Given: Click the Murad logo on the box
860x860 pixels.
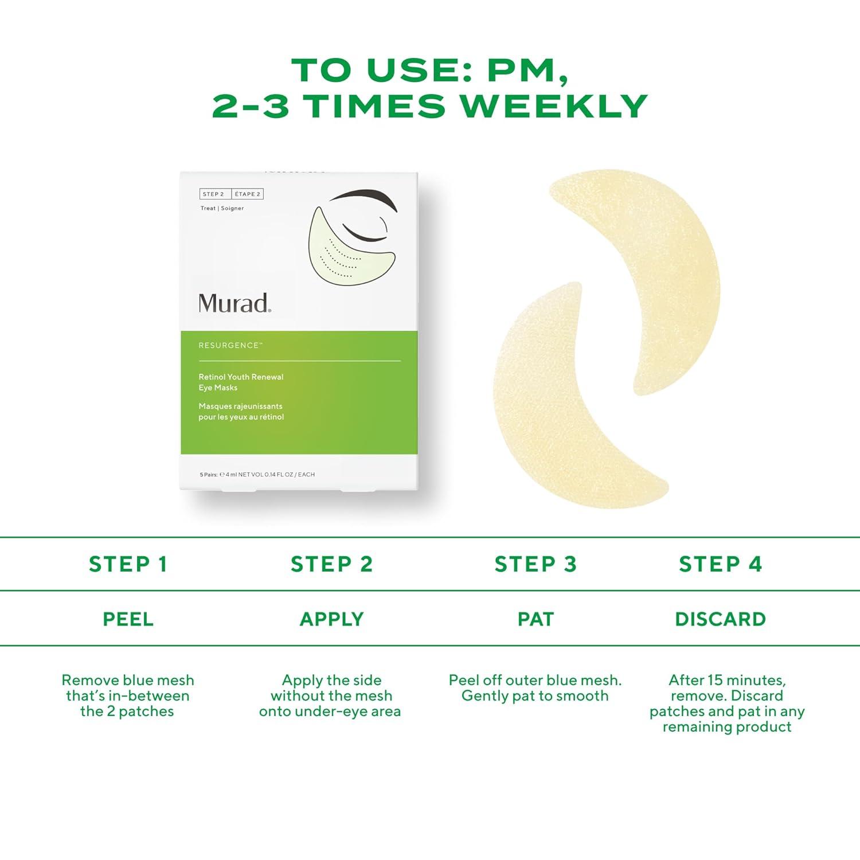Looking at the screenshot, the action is [x=234, y=303].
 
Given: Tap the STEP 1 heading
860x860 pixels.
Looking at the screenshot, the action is [x=128, y=564].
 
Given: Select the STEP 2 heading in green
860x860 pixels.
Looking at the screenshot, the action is [x=332, y=564].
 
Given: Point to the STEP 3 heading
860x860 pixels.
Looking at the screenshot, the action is [x=535, y=564].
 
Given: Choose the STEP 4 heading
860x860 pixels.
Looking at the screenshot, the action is [x=721, y=564].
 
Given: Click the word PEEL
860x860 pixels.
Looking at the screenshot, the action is [x=128, y=619].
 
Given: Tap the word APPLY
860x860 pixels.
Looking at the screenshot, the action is [x=332, y=619].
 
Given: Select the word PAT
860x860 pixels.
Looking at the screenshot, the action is [x=535, y=619].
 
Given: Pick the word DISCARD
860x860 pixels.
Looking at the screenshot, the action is [x=721, y=619].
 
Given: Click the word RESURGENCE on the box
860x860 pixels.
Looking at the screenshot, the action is [x=229, y=346].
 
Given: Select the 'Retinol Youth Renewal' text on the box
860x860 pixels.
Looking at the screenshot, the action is [x=241, y=377].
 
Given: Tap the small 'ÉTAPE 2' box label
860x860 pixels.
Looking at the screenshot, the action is [x=247, y=194].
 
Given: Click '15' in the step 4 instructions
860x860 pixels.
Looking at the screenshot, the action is [x=716, y=680].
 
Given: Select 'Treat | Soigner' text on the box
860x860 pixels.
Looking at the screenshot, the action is [x=222, y=208].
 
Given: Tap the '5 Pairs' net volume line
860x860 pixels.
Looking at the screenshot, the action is [x=257, y=475].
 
